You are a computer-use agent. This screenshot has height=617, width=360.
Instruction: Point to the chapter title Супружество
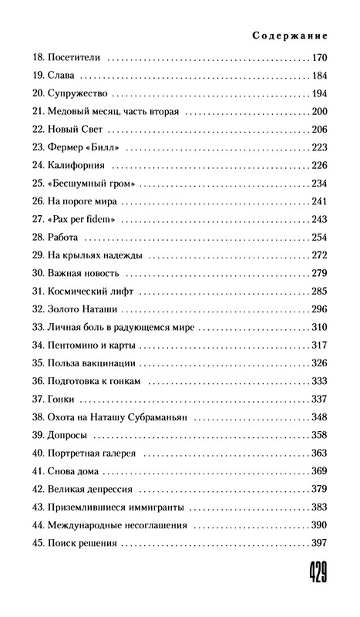click(80, 93)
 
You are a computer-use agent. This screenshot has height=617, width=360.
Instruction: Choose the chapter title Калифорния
click(81, 165)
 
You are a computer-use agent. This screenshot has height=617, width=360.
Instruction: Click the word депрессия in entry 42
click(112, 488)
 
